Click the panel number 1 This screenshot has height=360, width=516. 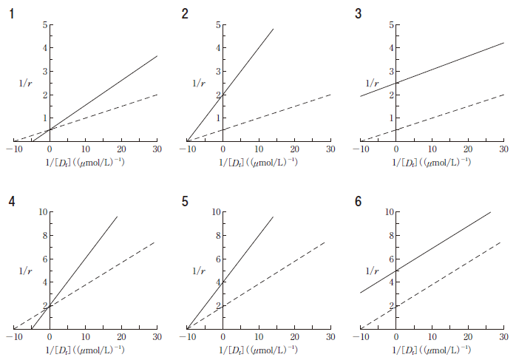pos(12,13)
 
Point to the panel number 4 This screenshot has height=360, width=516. pos(12,201)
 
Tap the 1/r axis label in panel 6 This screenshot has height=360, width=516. pos(373,271)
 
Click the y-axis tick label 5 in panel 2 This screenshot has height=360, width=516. pos(218,25)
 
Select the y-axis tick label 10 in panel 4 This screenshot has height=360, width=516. pos(43,212)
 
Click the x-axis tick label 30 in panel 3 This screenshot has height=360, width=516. pos(503,150)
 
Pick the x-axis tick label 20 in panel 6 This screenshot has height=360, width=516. pos(467,337)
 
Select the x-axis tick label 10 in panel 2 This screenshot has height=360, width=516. pos(258,150)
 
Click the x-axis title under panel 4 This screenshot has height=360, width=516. pos(85,349)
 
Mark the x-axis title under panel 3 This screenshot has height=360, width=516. pos(432,161)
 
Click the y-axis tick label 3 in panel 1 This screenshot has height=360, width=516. pos(44,72)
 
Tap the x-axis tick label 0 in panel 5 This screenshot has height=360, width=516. pos(223,337)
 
